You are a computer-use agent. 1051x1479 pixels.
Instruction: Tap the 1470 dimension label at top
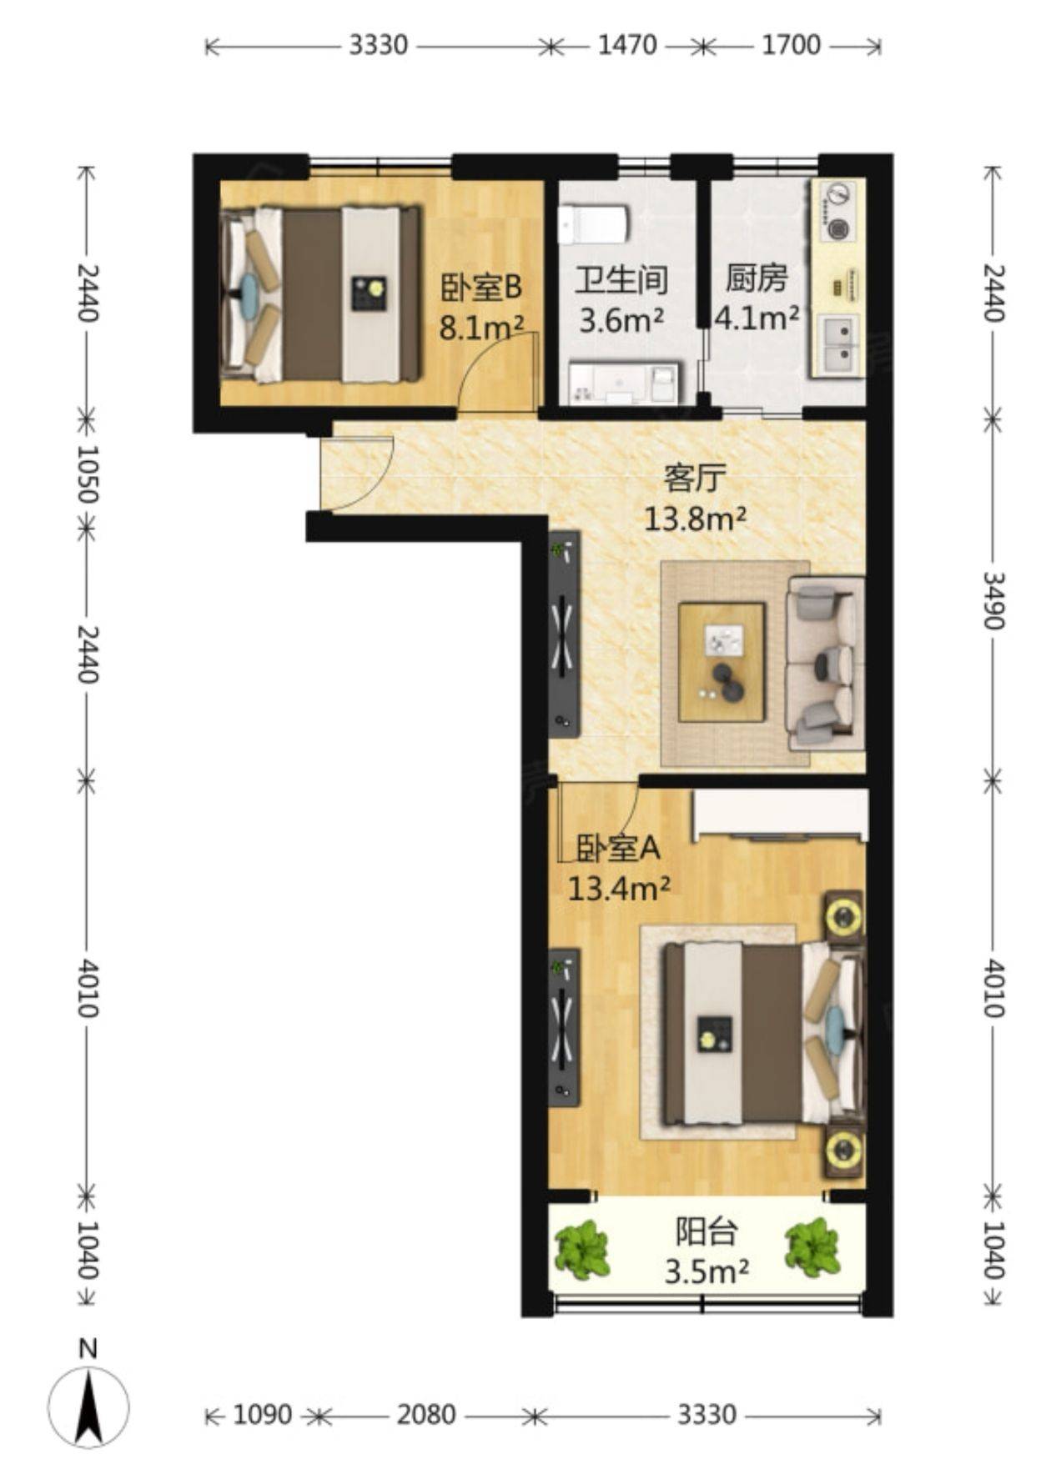(x=627, y=45)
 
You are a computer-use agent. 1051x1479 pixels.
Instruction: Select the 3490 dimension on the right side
(x=993, y=600)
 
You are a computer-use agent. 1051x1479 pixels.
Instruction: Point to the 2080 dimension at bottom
(x=426, y=1414)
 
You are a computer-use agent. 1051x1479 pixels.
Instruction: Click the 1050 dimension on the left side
(x=88, y=474)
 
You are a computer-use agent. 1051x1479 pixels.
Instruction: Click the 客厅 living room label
(x=694, y=479)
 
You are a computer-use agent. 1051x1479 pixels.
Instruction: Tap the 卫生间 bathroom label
(x=621, y=281)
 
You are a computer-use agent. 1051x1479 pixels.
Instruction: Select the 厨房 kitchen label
(x=757, y=278)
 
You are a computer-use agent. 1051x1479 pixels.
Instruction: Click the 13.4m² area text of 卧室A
(x=619, y=889)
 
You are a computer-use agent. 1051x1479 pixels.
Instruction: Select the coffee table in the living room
(x=722, y=662)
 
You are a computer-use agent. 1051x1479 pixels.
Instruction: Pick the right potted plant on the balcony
(x=812, y=1247)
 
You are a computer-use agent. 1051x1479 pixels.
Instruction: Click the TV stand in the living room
(x=565, y=634)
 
